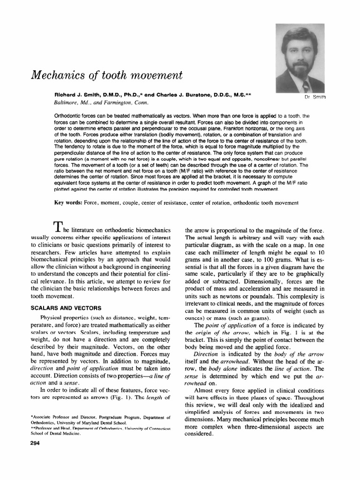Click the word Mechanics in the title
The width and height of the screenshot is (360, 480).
[x=55, y=75]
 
